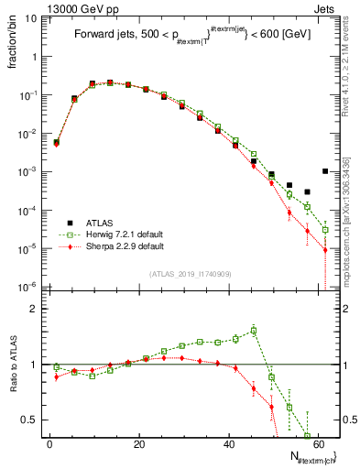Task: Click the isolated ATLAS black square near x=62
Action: point(325,171)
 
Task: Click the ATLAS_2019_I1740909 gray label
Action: point(190,274)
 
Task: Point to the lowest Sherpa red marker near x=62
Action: point(325,250)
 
